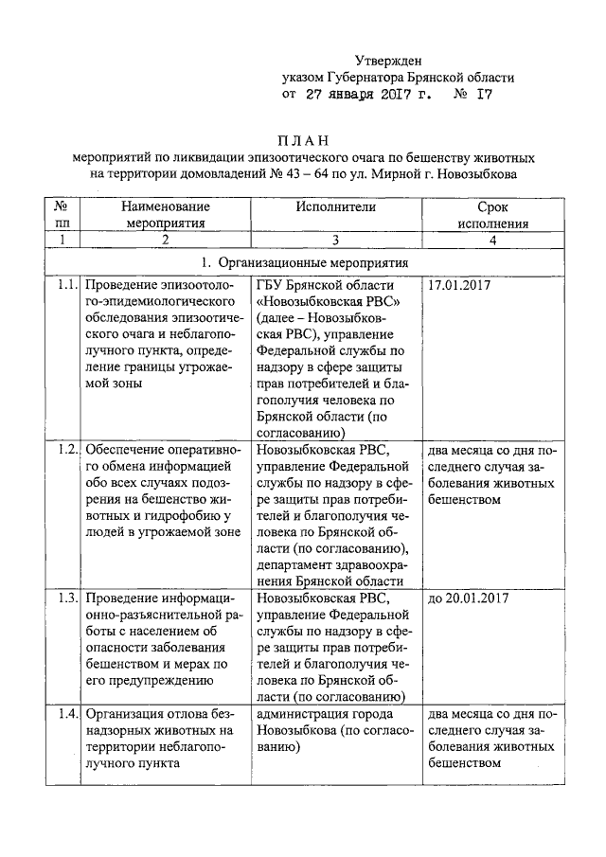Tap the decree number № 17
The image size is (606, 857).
click(x=472, y=96)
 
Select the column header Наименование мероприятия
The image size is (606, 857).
click(x=166, y=215)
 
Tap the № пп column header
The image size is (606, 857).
click(x=60, y=215)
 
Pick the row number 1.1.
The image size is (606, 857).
click(x=65, y=284)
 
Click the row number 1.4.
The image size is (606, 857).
click(x=65, y=713)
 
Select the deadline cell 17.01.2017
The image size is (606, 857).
click(x=460, y=284)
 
